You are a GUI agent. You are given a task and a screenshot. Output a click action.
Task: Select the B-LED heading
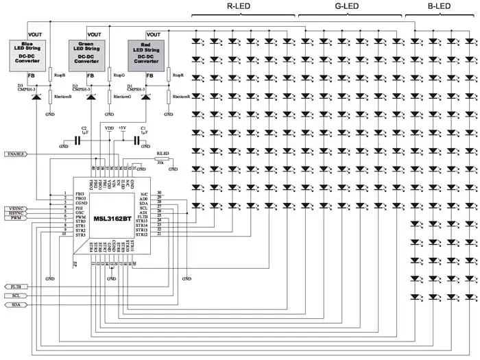click(x=439, y=7)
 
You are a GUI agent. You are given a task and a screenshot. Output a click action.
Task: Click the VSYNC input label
click(x=14, y=208)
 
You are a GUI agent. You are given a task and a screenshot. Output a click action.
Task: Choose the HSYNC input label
click(x=14, y=214)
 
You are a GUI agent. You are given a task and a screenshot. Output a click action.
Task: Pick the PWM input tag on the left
click(x=16, y=219)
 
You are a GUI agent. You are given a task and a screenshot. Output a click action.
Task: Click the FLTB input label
click(x=16, y=285)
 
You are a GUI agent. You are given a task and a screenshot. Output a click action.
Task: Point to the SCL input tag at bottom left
click(x=16, y=295)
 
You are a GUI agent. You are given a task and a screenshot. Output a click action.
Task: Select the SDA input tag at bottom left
click(x=16, y=304)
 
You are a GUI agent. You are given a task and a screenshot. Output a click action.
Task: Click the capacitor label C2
click(x=84, y=128)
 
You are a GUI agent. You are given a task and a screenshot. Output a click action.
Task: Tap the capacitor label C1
click(x=143, y=128)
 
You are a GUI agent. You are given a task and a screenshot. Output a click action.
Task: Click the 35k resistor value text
click(x=160, y=162)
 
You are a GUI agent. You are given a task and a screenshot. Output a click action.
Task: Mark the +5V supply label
click(x=122, y=128)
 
